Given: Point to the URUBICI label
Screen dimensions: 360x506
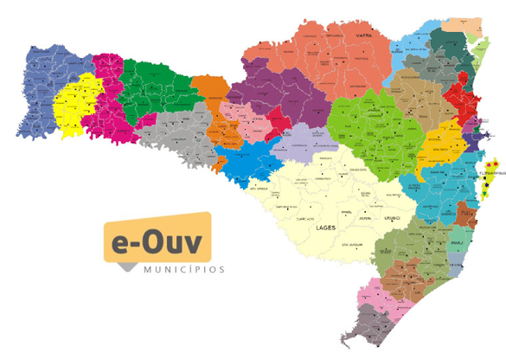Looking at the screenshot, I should tap(394, 218).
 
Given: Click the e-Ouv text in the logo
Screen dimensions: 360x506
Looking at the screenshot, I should tap(157, 241).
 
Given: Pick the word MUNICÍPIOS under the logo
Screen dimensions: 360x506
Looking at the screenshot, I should tap(184, 269).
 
